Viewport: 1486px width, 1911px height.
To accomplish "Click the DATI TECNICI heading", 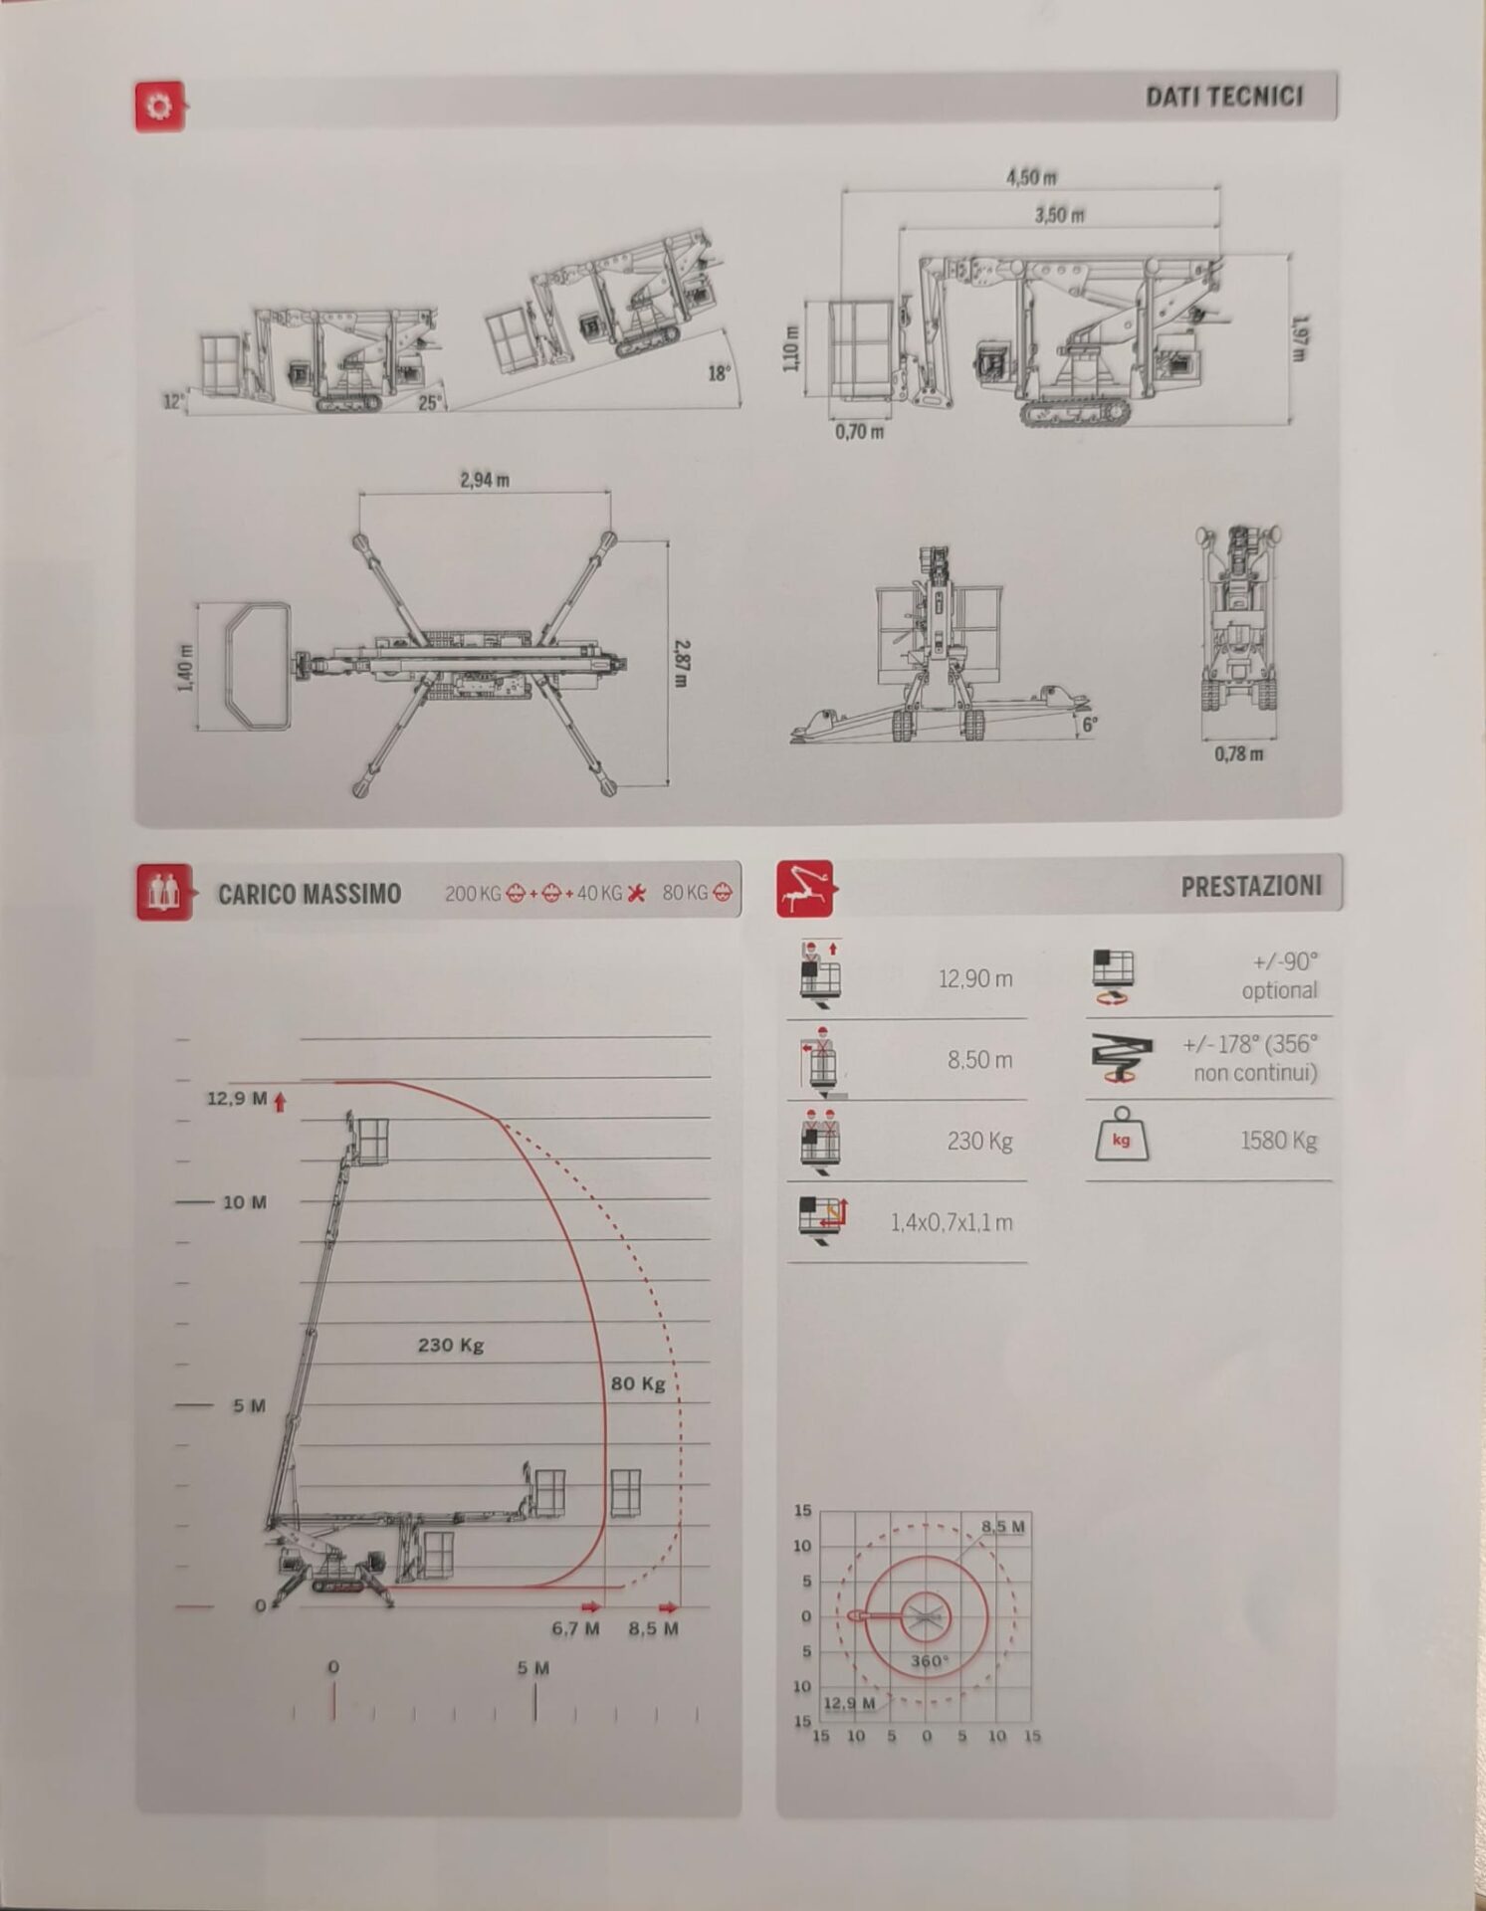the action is coord(1223,97).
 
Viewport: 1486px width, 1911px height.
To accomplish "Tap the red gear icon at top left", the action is coord(159,106).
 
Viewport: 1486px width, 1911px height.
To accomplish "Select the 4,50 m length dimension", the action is coord(1031,177).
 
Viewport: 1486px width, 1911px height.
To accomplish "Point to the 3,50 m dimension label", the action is coord(1059,215).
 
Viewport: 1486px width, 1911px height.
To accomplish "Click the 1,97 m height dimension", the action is coord(1300,339).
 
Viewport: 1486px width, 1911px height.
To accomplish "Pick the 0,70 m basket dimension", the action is coord(859,432).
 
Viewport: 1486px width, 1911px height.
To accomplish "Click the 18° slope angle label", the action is coord(719,373).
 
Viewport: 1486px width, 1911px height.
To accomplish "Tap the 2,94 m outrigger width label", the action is coord(485,480).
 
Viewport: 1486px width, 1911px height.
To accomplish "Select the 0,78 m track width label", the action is coord(1239,753).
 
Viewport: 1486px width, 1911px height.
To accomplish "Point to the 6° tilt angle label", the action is coord(1090,725).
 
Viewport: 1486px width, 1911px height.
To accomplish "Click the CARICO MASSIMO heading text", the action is coord(310,894).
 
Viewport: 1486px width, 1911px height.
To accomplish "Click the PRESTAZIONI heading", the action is coord(1252,887).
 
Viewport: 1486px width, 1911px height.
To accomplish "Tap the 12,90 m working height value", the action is coord(975,979).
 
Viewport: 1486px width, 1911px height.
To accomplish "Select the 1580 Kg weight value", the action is coord(1279,1141).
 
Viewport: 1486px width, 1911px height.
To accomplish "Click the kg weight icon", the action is coord(1122,1136).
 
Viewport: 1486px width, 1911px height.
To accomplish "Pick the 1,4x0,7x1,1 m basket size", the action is coord(952,1222).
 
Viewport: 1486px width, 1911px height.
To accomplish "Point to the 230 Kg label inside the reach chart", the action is coord(451,1346).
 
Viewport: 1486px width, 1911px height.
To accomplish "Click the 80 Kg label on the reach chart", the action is coord(638,1383).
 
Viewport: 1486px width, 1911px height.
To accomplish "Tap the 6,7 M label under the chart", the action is coord(576,1628).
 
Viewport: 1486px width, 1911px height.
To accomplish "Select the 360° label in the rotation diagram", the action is coord(930,1661).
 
